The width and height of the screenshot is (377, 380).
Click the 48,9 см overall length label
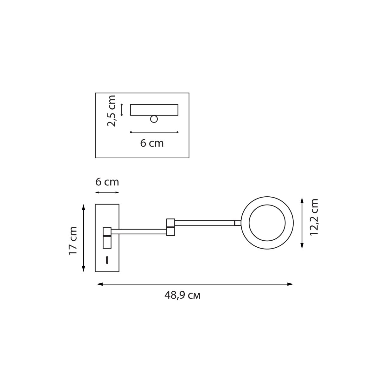182,295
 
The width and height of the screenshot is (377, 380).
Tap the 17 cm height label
73,240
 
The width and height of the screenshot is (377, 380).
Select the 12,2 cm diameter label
314,217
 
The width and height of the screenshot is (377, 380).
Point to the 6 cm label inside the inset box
152,143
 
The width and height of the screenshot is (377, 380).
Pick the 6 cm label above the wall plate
107,182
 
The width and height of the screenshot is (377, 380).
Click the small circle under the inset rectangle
154,119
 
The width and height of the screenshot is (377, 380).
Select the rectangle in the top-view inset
154,110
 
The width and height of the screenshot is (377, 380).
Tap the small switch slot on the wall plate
107,260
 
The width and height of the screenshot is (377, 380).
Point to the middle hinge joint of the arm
171,227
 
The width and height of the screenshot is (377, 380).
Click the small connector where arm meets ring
237,223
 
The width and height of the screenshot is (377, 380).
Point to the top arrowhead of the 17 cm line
84,207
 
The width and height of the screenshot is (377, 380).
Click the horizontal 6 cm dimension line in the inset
154,132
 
